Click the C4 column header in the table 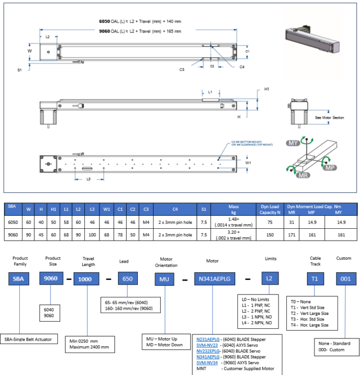177,209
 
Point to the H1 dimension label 267,89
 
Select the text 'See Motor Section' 331,118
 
